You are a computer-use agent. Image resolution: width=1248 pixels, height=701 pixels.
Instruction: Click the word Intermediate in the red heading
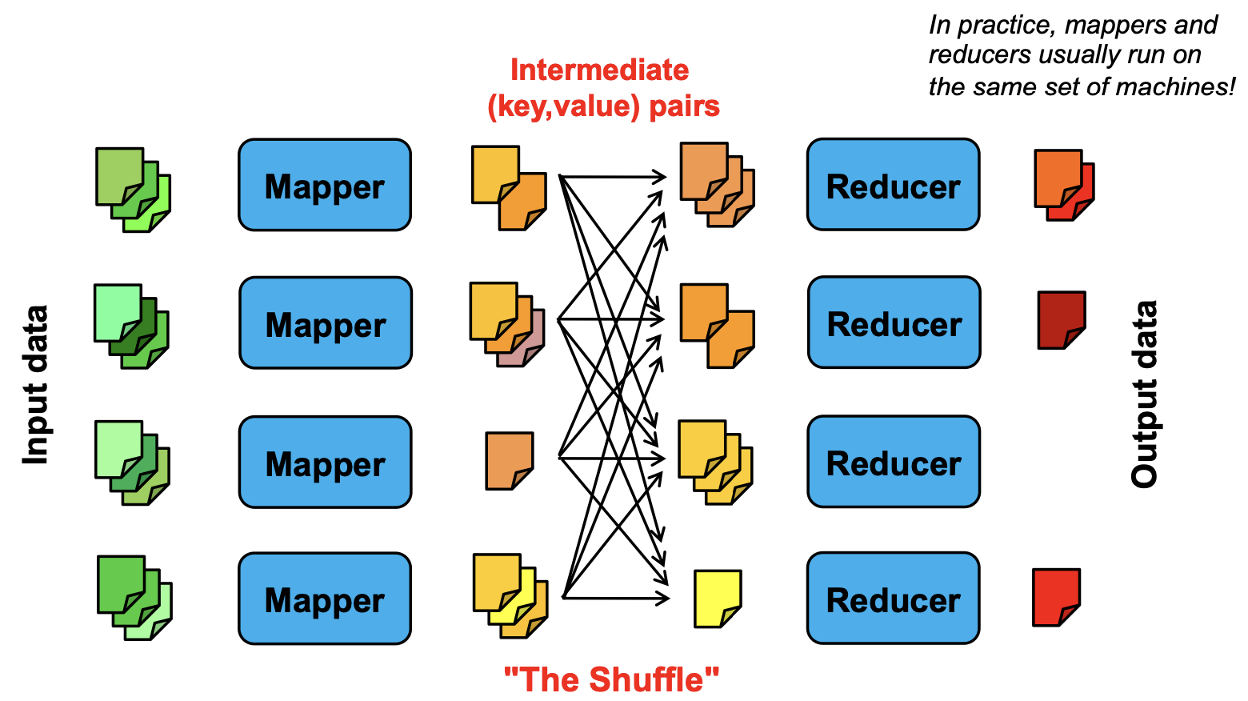pyautogui.click(x=599, y=70)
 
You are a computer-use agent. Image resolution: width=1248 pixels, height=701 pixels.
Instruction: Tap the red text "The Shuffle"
pyautogui.click(x=611, y=679)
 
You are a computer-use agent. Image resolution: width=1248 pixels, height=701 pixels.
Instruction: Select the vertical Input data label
pyautogui.click(x=36, y=384)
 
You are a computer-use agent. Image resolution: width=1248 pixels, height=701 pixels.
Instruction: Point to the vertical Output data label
pyautogui.click(x=1144, y=394)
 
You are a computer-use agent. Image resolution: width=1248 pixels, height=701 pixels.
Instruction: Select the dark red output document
pyautogui.click(x=1062, y=320)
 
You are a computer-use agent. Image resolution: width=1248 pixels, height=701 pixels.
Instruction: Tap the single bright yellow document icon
pyautogui.click(x=718, y=599)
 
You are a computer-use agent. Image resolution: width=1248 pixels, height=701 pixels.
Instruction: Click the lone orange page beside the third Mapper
pyautogui.click(x=510, y=461)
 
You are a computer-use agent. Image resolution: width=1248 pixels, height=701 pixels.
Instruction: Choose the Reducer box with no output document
pyautogui.click(x=894, y=462)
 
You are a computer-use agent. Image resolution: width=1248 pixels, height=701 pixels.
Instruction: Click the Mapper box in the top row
pyautogui.click(x=325, y=185)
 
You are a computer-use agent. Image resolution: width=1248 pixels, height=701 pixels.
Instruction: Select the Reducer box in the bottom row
pyautogui.click(x=893, y=598)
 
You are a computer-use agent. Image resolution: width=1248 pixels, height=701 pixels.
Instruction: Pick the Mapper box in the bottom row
pyautogui.click(x=325, y=599)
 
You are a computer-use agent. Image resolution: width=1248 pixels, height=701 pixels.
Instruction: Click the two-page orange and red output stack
pyautogui.click(x=1064, y=185)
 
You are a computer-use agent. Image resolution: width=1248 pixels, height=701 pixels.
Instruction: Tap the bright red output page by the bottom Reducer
pyautogui.click(x=1056, y=597)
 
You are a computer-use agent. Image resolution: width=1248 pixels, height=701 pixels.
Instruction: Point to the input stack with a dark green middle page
pyautogui.click(x=131, y=326)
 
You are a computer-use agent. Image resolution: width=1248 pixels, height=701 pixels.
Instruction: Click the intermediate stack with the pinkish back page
pyautogui.click(x=507, y=324)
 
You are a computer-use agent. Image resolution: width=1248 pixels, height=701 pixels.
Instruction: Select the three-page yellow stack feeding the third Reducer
pyautogui.click(x=715, y=463)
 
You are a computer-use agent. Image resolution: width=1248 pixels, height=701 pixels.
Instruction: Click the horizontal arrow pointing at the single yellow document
pyautogui.click(x=616, y=598)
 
